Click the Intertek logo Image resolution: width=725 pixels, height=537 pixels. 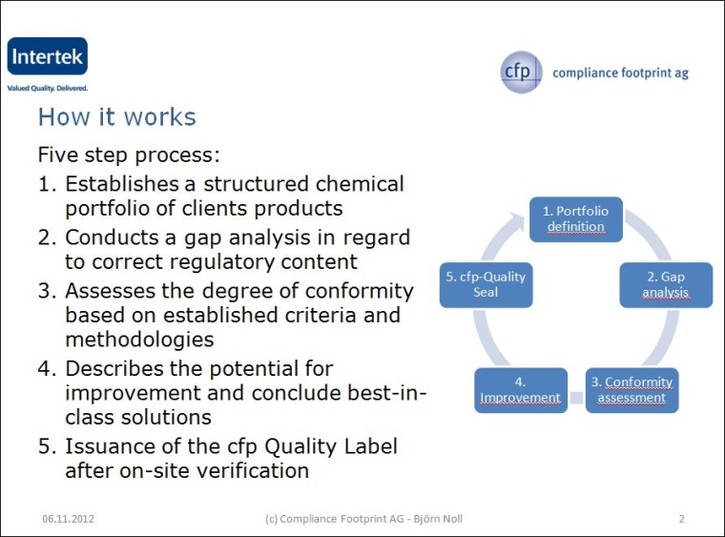pos(47,57)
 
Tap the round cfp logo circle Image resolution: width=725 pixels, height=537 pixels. pos(522,72)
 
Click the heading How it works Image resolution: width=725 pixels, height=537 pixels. pos(116,117)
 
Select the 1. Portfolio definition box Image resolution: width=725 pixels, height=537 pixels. pos(575,218)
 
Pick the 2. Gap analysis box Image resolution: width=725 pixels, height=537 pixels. pos(665,284)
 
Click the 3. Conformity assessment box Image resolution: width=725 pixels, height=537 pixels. pos(632,389)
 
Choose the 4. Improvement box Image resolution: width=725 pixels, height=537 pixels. pos(520,389)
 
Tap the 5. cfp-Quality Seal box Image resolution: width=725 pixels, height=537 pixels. pos(485,284)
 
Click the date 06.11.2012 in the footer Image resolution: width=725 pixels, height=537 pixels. pos(68,519)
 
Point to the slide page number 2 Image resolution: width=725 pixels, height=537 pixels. pos(681,519)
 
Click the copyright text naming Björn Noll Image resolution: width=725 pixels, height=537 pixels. pos(363,519)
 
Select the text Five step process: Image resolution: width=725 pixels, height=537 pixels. pos(129,155)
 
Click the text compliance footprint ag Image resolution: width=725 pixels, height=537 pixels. pos(620,73)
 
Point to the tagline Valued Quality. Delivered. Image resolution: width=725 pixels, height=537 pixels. pos(48,88)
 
